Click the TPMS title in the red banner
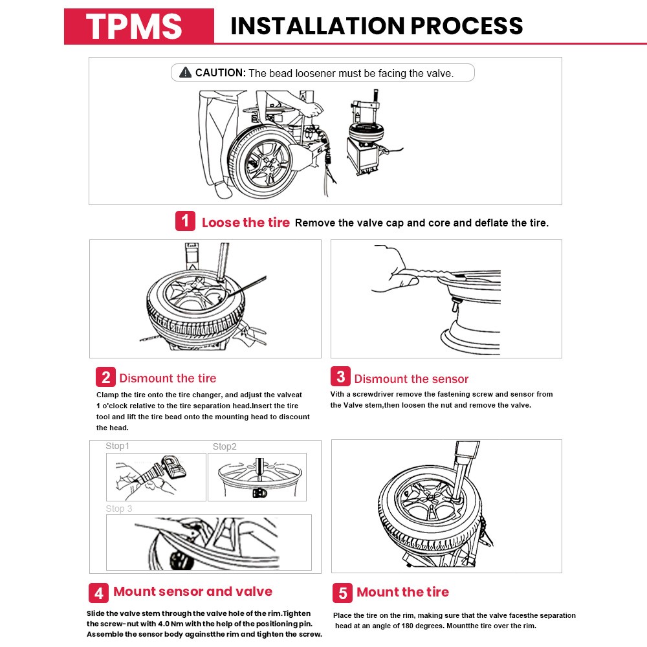135,27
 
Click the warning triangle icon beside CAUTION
186,72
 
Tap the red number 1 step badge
185,221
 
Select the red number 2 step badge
105,377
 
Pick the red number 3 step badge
340,377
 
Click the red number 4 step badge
98,593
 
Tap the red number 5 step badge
343,593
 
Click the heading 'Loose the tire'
246,223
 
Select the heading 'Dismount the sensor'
411,379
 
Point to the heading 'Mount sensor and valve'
193,591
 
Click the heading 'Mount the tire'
402,592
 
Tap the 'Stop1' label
118,446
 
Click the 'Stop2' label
225,446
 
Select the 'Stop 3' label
119,509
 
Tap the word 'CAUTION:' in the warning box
221,73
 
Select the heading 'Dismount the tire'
168,378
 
